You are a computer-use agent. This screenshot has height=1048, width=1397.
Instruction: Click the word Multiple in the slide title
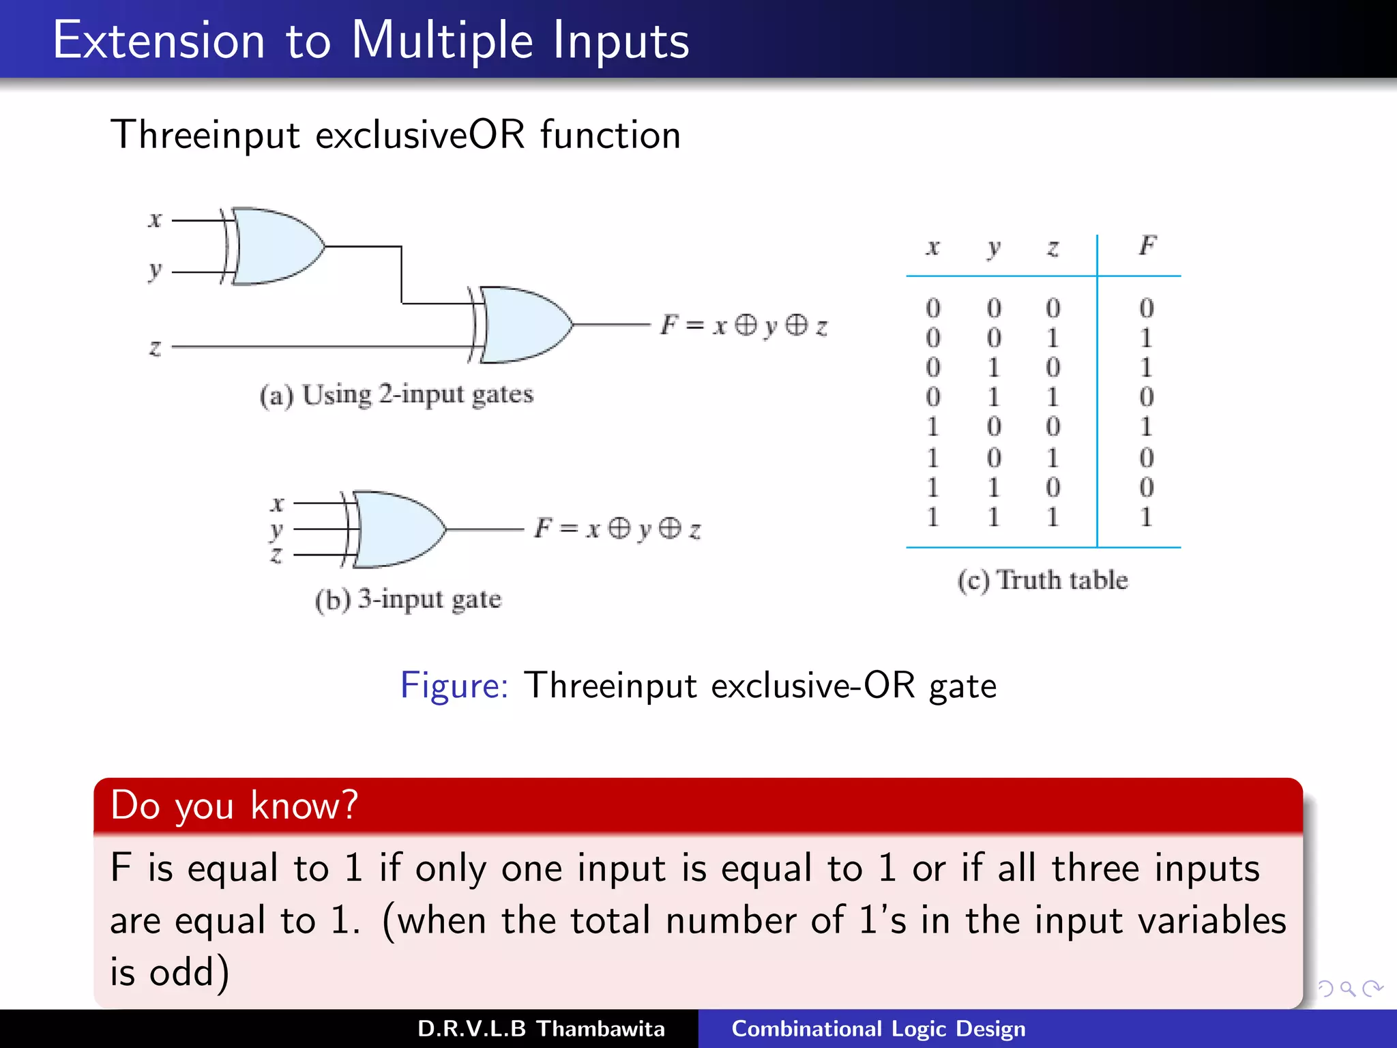[x=441, y=41]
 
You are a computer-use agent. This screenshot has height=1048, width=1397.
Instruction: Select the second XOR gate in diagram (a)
[x=523, y=325]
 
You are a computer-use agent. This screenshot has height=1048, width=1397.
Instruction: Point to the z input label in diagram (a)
[x=156, y=347]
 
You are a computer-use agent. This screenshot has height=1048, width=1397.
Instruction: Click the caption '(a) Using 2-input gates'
[x=396, y=395]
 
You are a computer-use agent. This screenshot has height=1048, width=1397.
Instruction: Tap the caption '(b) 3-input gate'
[x=408, y=600]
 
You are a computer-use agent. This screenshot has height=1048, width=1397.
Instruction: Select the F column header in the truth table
[x=1147, y=246]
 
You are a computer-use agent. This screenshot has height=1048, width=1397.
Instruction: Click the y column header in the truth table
[x=994, y=248]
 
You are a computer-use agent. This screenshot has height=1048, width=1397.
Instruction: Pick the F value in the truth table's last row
[x=1146, y=516]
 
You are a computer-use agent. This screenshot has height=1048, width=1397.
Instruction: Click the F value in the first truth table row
[x=1146, y=308]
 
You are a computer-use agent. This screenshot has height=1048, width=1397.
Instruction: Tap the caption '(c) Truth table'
[x=1042, y=581]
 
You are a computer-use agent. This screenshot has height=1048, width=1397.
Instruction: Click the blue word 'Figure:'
[x=454, y=685]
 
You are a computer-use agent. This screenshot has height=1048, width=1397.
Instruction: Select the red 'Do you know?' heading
[x=234, y=806]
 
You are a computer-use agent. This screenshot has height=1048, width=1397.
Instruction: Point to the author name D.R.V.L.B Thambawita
[x=540, y=1029]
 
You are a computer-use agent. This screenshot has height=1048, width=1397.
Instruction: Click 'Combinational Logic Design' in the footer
[x=878, y=1029]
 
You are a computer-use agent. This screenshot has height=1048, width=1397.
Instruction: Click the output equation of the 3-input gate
[x=617, y=529]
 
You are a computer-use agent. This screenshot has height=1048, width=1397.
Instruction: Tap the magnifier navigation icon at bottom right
[x=1347, y=988]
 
